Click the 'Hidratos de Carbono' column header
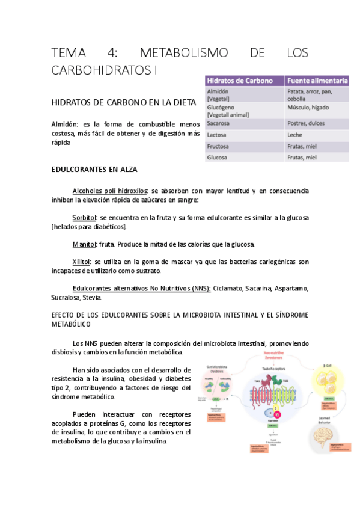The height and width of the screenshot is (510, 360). (239, 81)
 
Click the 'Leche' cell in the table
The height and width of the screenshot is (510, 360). (295, 135)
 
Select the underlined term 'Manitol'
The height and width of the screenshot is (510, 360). (84, 244)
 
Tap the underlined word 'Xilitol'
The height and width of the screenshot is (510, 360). (81, 262)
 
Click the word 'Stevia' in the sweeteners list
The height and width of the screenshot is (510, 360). (93, 297)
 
